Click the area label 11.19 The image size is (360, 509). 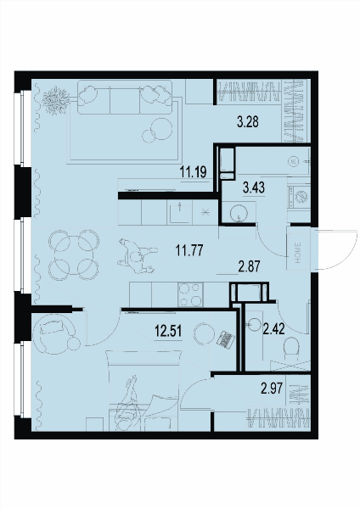click(x=194, y=171)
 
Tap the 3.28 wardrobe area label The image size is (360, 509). click(x=248, y=122)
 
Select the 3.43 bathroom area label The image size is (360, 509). click(x=254, y=187)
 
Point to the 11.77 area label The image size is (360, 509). click(x=189, y=250)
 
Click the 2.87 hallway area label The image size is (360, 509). click(x=250, y=266)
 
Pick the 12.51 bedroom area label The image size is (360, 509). click(x=168, y=332)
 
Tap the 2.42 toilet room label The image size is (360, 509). click(x=274, y=329)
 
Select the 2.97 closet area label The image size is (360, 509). click(x=272, y=388)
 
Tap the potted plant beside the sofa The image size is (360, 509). click(x=56, y=99)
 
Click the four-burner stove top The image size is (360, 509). click(x=190, y=294)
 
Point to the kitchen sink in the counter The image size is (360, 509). click(x=179, y=212)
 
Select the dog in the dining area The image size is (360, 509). click(x=138, y=256)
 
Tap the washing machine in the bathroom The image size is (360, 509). click(x=299, y=197)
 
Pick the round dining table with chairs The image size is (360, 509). click(x=73, y=255)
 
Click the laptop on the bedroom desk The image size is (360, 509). click(x=226, y=339)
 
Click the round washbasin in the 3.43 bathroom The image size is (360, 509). click(x=239, y=213)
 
